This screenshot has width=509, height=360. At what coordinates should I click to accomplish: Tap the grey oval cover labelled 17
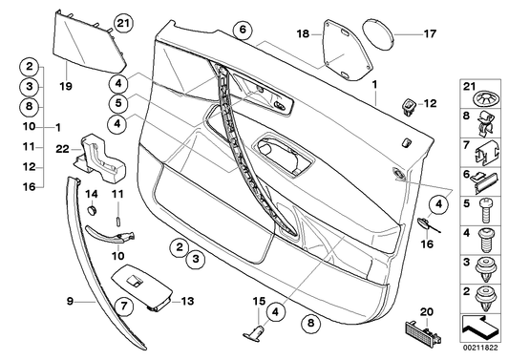(382, 33)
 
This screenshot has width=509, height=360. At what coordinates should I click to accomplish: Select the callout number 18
(303, 33)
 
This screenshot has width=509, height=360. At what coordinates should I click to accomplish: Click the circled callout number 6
(243, 30)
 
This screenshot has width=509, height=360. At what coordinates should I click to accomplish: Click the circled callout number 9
(70, 301)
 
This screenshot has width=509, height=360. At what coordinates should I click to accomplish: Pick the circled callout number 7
(123, 306)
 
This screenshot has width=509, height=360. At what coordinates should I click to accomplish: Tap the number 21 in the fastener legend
(469, 89)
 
